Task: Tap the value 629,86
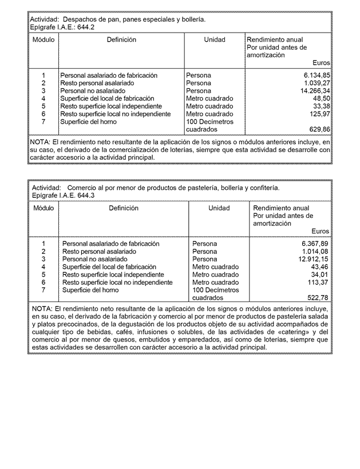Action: pos(319,130)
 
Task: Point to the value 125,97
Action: pos(319,114)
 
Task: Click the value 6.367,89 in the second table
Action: pos(315,244)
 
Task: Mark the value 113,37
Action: pos(318,283)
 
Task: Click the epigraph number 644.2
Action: pos(84,27)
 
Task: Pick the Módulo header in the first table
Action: pos(43,40)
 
